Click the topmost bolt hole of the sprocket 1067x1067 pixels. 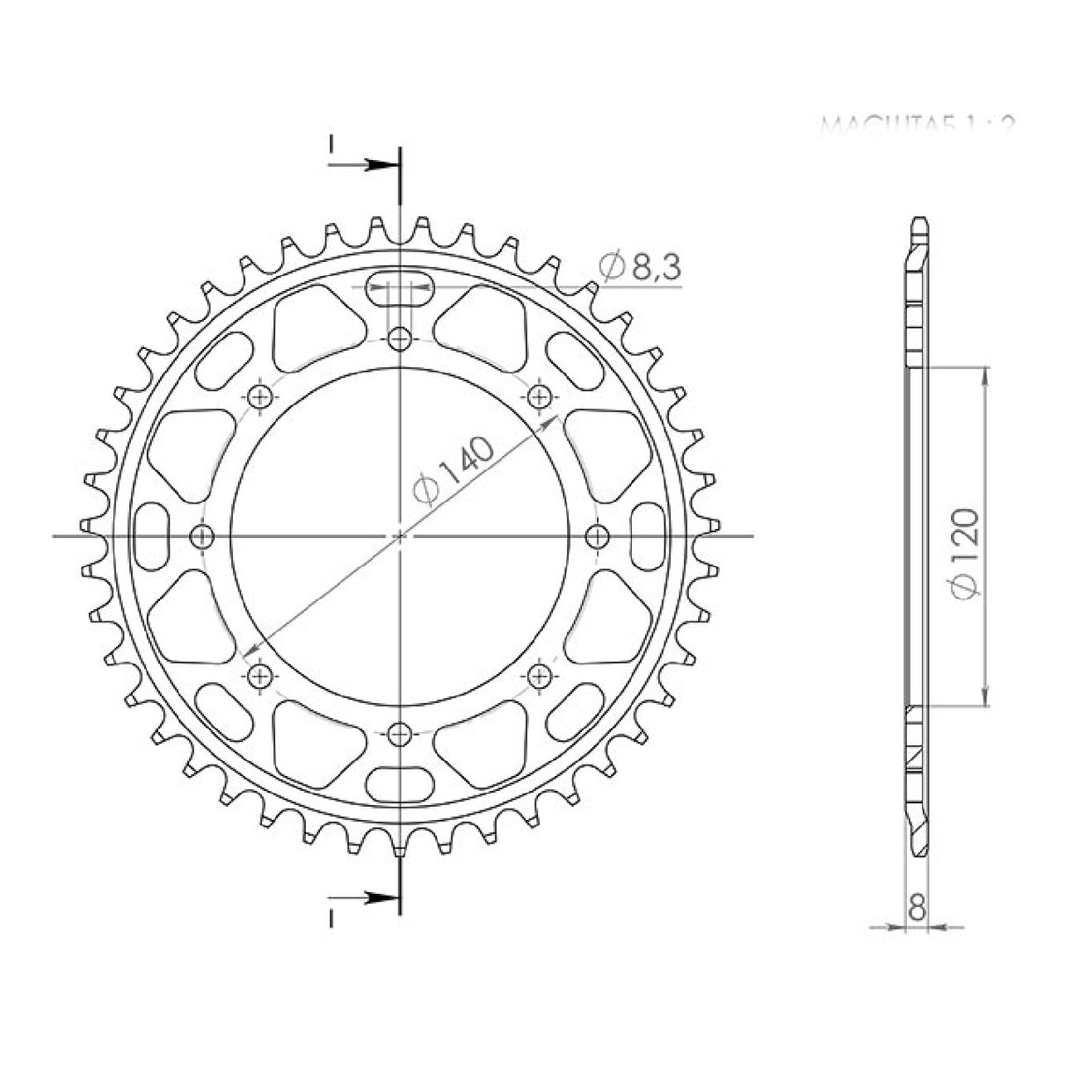click(400, 338)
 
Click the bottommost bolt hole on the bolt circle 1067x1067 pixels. click(400, 732)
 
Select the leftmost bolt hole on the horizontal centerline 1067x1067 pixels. click(203, 535)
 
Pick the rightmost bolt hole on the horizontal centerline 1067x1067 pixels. click(598, 535)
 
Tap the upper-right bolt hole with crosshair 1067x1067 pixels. click(541, 396)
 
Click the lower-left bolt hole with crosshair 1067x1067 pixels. click(259, 675)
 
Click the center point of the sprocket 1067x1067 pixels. click(400, 535)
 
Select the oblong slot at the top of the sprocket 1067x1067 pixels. click(400, 289)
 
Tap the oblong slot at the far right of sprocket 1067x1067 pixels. click(650, 535)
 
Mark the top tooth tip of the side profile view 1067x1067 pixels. click(918, 219)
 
